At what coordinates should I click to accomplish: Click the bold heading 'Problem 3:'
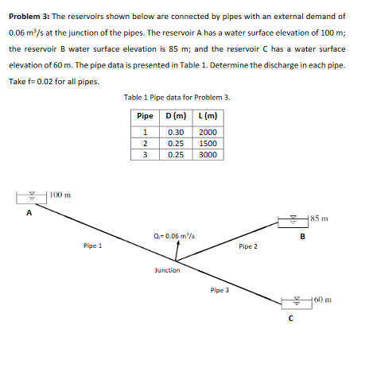coord(29,16)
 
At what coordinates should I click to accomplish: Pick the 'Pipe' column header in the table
coord(146,116)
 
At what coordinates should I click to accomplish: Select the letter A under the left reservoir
coord(29,213)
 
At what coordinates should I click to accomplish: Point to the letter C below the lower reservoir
coord(291,319)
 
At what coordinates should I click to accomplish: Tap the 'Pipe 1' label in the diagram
coord(91,246)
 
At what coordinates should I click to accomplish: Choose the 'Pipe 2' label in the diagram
coord(247,246)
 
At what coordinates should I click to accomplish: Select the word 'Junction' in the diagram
coord(167,270)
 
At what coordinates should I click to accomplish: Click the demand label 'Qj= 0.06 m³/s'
coord(172,236)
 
